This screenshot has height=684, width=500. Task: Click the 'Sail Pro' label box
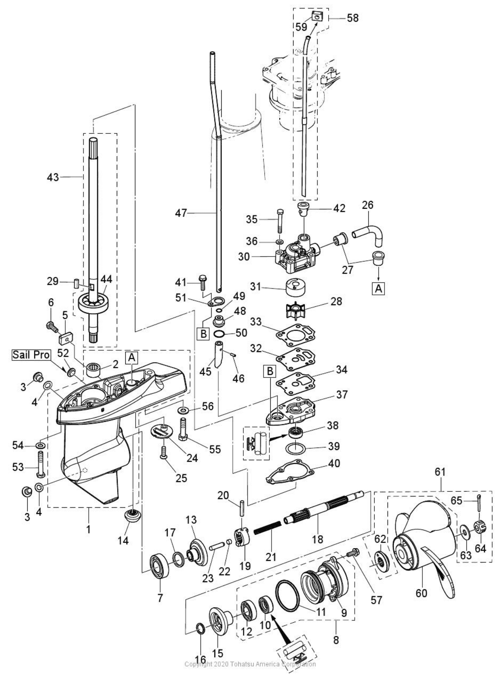[x=31, y=355]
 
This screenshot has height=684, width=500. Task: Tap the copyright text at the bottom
[x=250, y=664]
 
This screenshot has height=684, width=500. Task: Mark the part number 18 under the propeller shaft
[x=318, y=539]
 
